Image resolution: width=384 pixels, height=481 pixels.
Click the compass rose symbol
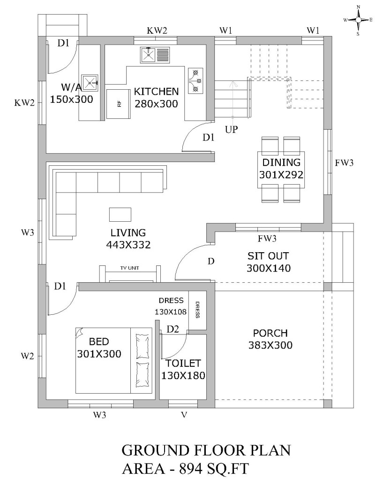click(358, 20)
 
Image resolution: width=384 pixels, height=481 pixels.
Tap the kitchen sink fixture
click(155, 55)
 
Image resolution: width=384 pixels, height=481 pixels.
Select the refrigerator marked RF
click(119, 104)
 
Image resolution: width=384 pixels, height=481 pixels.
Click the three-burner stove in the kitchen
click(196, 81)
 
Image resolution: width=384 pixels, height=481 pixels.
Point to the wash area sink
click(90, 83)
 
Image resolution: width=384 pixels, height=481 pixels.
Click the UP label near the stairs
click(232, 130)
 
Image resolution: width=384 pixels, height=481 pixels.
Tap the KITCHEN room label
click(156, 92)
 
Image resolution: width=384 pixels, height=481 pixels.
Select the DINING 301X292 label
click(281, 169)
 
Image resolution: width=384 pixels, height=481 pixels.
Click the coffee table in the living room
click(120, 214)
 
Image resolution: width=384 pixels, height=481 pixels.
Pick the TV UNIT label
click(129, 268)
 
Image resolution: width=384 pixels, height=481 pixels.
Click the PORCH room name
click(271, 333)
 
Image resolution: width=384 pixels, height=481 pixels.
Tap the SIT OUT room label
click(268, 256)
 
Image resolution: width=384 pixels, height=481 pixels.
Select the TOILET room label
click(183, 363)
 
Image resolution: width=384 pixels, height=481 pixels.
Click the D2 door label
click(173, 329)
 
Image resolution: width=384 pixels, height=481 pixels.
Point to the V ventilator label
click(184, 415)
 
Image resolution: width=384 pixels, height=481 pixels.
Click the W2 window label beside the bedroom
click(27, 356)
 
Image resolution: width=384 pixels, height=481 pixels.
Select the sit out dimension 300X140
click(269, 268)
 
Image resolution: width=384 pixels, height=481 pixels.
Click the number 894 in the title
click(191, 469)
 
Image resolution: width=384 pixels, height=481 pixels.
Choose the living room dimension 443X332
click(128, 245)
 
